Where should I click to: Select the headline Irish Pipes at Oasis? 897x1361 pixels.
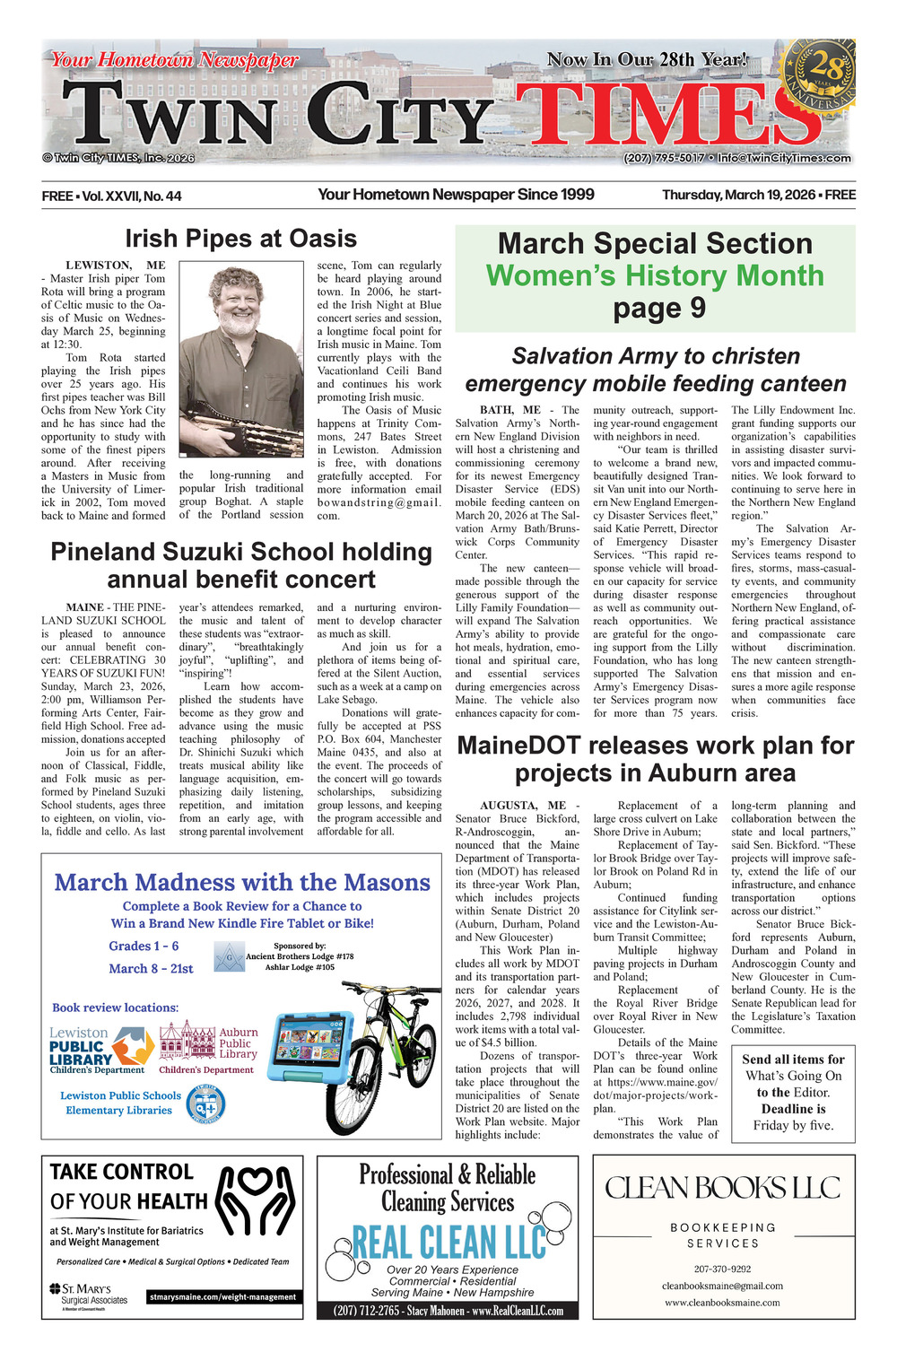click(x=240, y=239)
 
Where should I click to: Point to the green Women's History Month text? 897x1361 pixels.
click(x=655, y=275)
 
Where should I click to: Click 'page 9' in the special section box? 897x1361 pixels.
click(x=655, y=308)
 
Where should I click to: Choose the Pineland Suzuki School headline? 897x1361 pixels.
click(x=240, y=565)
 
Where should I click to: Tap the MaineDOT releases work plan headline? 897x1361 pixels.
click(x=655, y=759)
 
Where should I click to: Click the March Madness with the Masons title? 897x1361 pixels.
click(x=242, y=883)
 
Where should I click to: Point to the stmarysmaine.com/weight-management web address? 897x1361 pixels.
click(x=222, y=1297)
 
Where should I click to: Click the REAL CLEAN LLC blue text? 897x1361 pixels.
click(x=448, y=1243)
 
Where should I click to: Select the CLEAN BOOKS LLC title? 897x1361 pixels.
click(x=723, y=1189)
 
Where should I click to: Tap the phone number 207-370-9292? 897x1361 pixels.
click(x=722, y=1269)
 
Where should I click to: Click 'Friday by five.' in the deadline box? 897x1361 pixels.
click(x=793, y=1125)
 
